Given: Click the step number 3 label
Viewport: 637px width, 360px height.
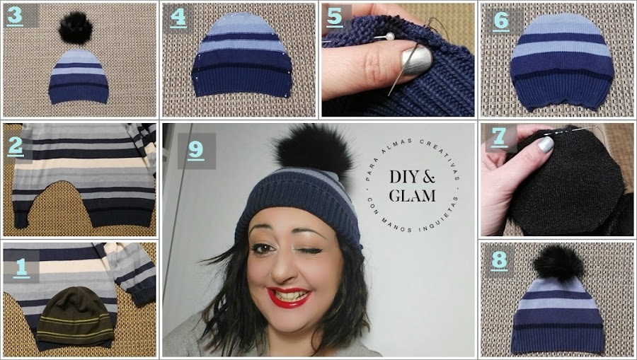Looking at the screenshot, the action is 15,16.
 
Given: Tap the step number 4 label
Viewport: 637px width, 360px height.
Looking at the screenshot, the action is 178,18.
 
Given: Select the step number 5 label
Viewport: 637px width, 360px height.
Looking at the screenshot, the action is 334,17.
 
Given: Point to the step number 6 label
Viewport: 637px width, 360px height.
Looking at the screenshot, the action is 500,21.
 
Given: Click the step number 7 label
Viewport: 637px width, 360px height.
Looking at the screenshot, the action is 499,138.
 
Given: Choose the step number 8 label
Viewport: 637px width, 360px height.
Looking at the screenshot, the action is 499,260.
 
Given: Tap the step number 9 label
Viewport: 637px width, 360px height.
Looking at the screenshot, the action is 196,150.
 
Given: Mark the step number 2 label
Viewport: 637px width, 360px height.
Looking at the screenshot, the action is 16,146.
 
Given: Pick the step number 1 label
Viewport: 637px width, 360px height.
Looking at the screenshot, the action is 21,268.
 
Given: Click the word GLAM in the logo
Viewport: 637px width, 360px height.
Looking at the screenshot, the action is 412,196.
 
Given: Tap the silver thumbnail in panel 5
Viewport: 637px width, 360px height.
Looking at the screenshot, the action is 415,61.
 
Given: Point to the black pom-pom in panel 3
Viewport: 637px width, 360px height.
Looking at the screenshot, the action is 75,28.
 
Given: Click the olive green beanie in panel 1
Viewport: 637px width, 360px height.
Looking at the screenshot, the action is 75,315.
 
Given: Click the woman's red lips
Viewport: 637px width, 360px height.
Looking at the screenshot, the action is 289,297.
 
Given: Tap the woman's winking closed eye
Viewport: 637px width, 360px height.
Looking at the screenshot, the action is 311,251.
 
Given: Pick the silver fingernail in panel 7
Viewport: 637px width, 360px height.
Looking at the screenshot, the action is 546,144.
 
